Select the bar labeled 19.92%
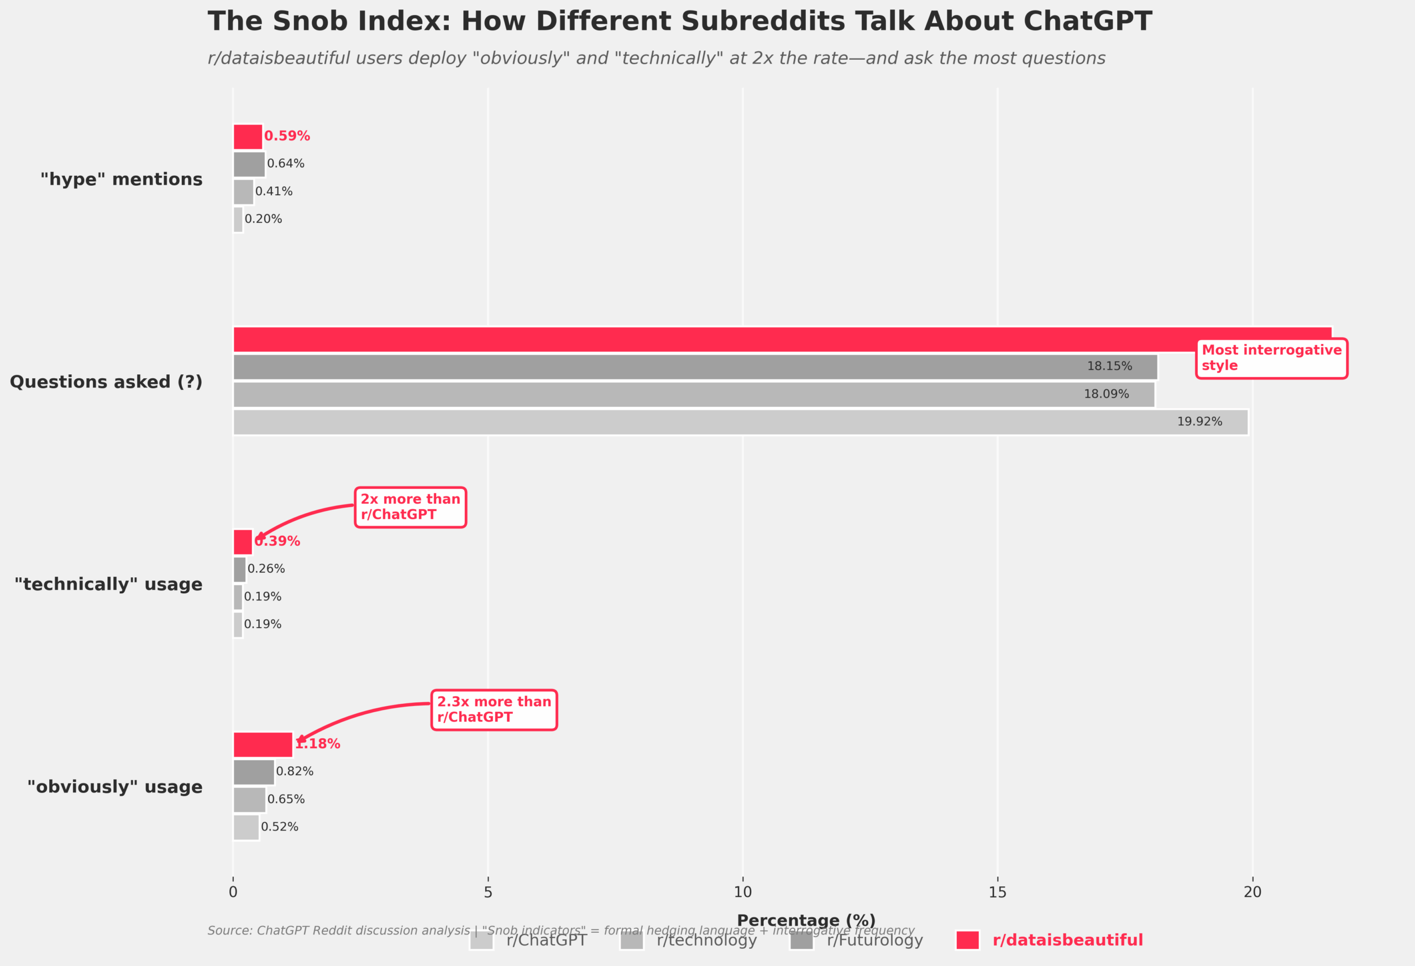[x=740, y=422]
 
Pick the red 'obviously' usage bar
[x=263, y=744]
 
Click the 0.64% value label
[x=286, y=164]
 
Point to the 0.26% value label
[x=266, y=569]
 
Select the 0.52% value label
[x=280, y=827]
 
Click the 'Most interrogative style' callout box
[x=1271, y=358]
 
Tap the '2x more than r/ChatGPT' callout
[x=410, y=507]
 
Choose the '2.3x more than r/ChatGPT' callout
[x=494, y=709]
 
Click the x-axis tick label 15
[x=997, y=892]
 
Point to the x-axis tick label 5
[x=488, y=892]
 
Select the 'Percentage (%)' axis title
[x=805, y=920]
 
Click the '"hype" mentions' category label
[x=121, y=179]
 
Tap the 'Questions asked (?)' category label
[x=106, y=382]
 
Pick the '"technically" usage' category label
[x=108, y=584]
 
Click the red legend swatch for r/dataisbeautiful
[x=967, y=941]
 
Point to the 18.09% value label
[x=1105, y=395]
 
